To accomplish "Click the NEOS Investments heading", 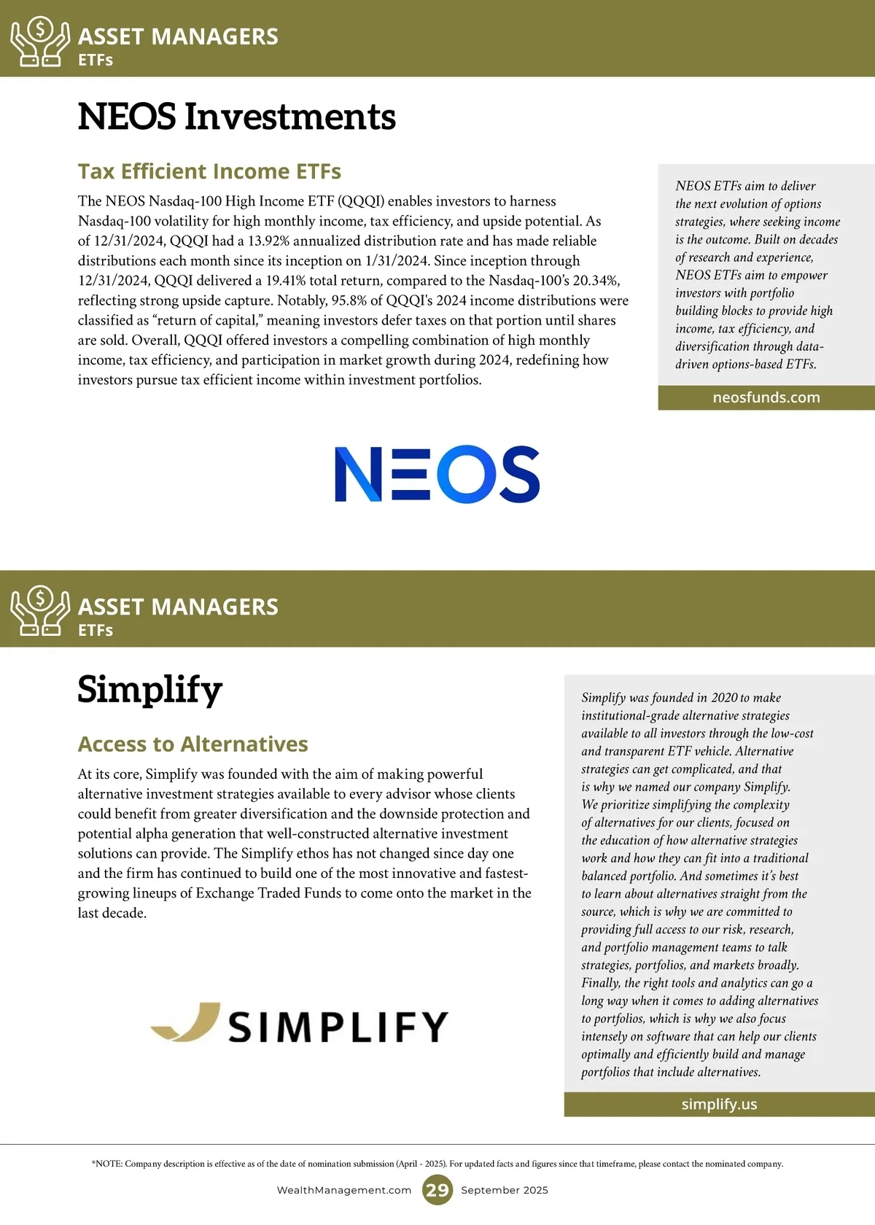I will tap(236, 117).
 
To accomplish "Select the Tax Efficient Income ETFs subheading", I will tap(209, 171).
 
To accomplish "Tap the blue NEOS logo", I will tap(437, 474).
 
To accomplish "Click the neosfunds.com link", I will tap(766, 397).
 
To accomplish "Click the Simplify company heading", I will tap(149, 689).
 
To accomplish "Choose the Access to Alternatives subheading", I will tap(192, 744).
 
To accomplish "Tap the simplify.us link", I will tap(719, 1104).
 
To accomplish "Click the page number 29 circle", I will tap(437, 1190).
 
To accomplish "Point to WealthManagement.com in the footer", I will tap(344, 1190).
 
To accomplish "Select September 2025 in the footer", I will tap(505, 1190).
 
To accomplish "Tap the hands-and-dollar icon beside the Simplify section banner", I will tap(40, 611).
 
